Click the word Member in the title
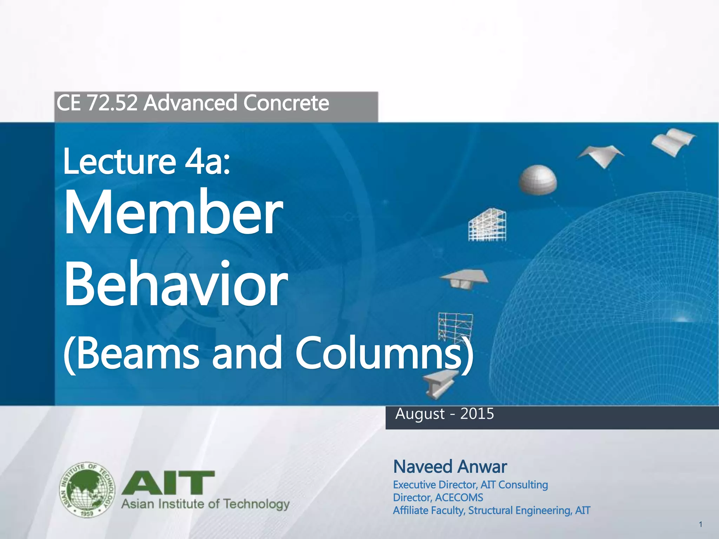click(x=173, y=213)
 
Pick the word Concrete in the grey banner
click(x=286, y=103)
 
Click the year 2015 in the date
click(x=477, y=414)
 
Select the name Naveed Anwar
click(x=450, y=467)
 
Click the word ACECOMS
click(x=459, y=498)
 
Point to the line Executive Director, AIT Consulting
click(x=470, y=485)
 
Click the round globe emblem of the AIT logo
click(x=87, y=490)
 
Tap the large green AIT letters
click(x=168, y=483)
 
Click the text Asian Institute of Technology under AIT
click(x=205, y=504)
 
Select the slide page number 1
click(x=700, y=525)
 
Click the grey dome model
click(x=537, y=180)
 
